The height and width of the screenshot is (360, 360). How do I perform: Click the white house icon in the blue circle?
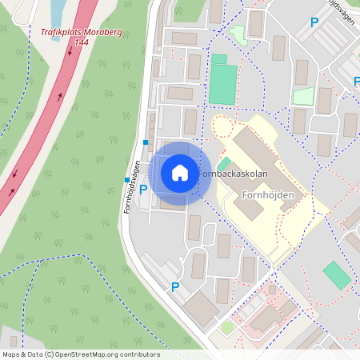pos(180,173)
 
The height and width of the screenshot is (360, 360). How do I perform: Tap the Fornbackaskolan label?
pos(233,174)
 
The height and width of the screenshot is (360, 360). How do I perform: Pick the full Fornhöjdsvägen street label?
pos(134,186)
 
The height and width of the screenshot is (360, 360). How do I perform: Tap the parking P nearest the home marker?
pos(143,190)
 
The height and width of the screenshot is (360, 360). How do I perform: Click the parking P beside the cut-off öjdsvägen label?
pos(314,23)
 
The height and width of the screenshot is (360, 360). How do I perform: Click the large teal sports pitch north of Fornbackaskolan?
pos(223,84)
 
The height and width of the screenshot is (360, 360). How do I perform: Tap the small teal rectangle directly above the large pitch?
pos(219,59)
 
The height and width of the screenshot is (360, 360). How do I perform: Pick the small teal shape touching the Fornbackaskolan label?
pos(223,163)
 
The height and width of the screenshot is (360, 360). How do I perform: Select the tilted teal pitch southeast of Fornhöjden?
pos(337,274)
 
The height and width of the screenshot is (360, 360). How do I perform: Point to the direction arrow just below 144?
pos(70,53)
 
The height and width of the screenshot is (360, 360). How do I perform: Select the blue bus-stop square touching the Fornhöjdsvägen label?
pos(126,179)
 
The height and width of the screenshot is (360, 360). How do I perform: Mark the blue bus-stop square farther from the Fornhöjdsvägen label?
pos(146,142)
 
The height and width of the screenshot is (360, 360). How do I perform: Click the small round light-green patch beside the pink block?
pos(228,327)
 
